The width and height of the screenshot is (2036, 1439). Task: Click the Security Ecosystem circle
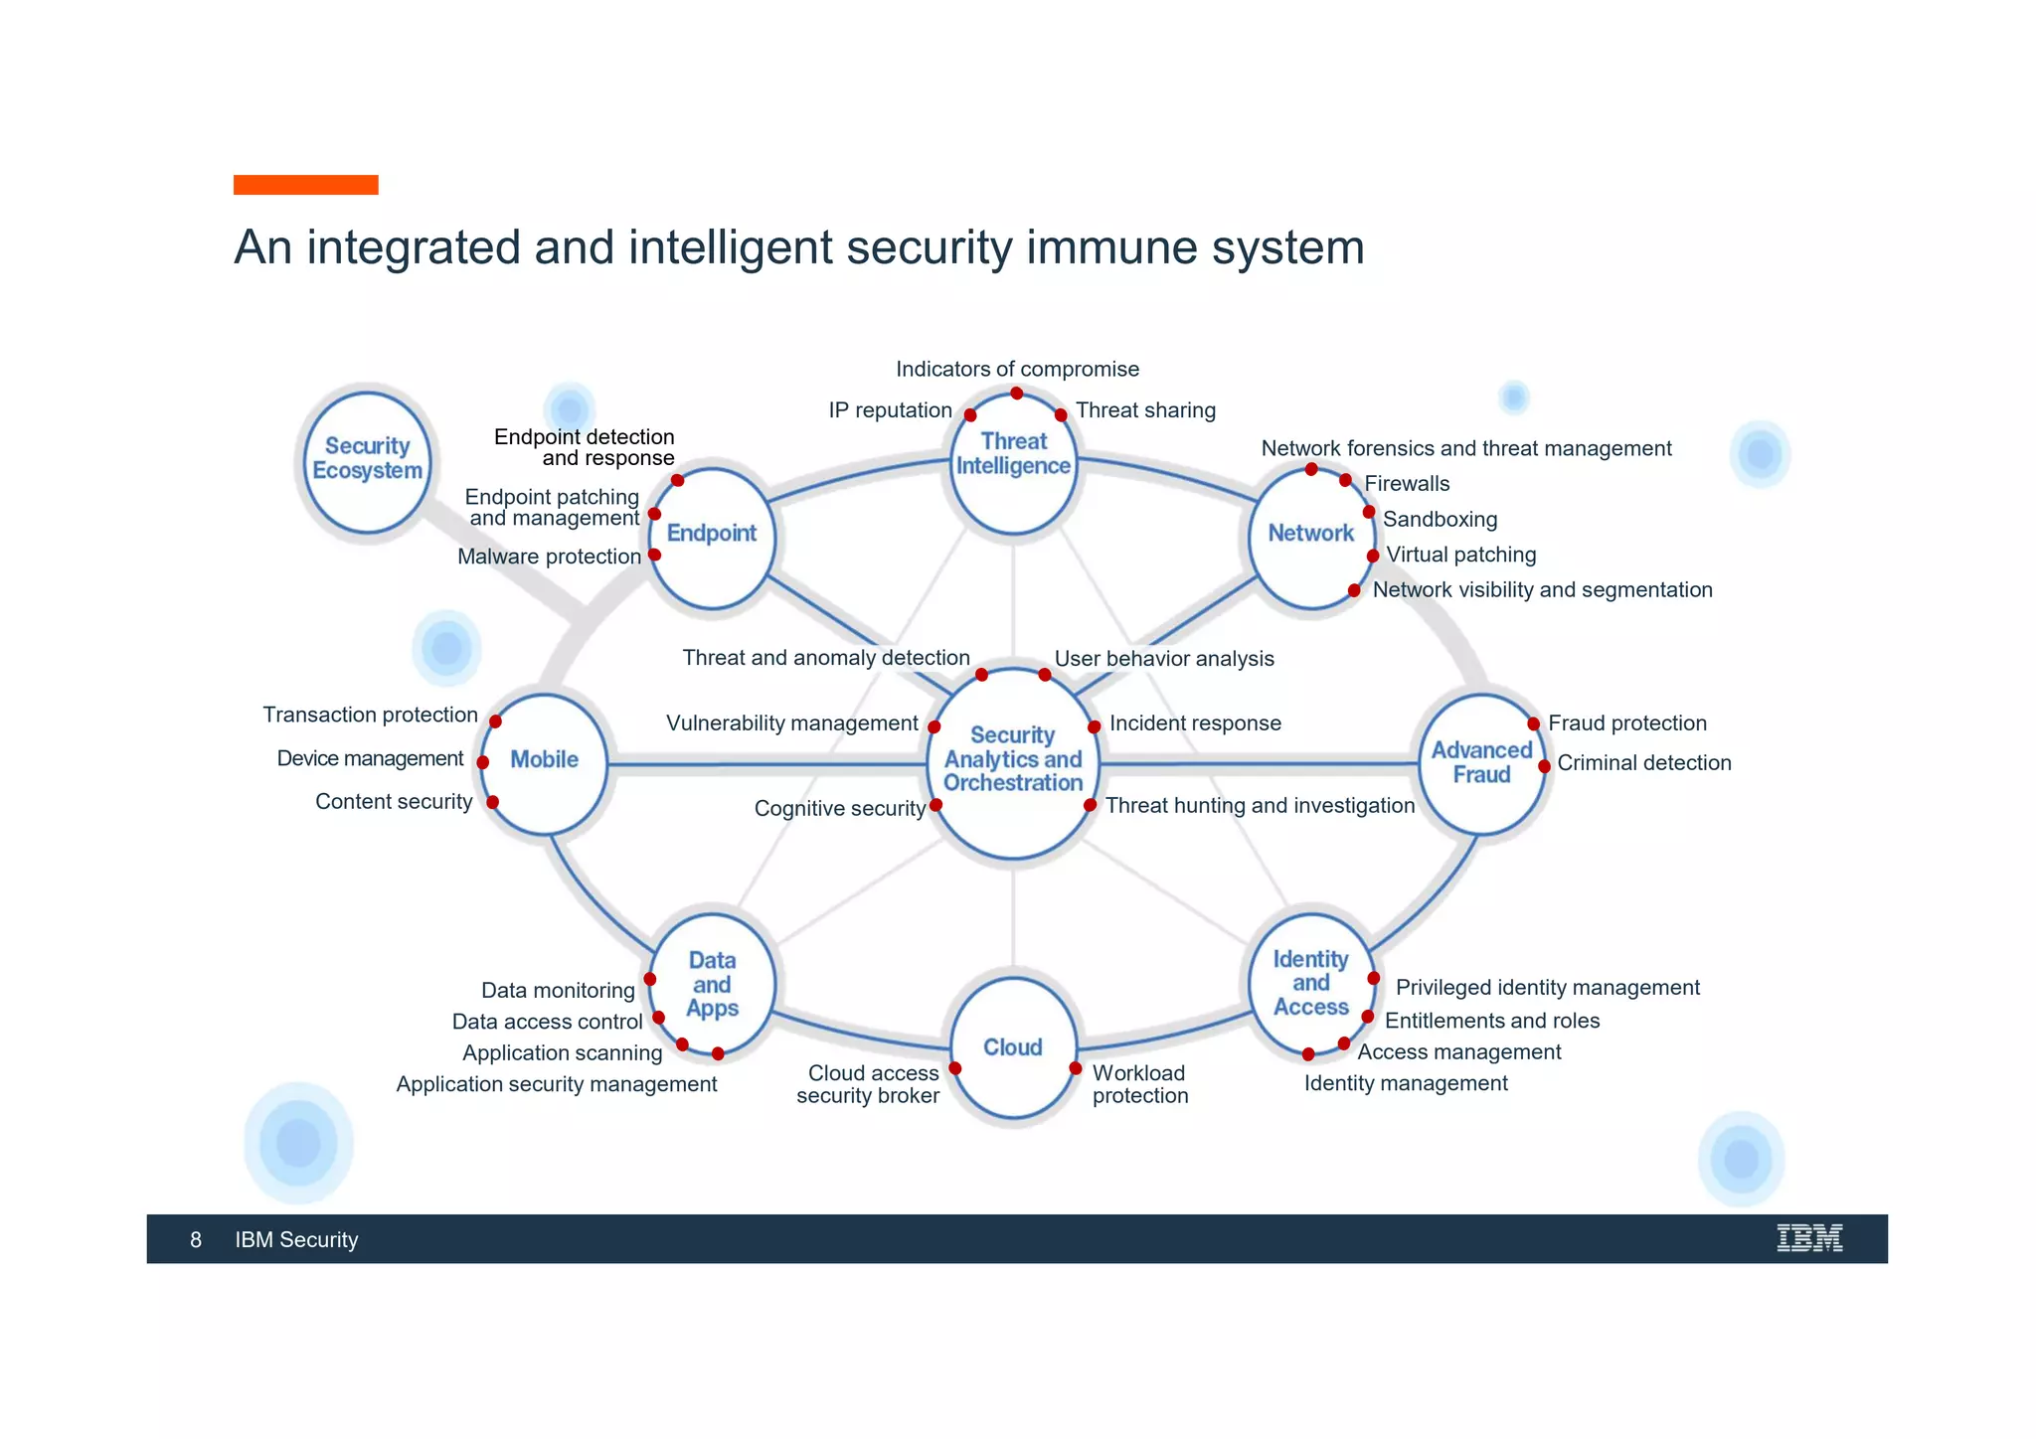click(x=367, y=460)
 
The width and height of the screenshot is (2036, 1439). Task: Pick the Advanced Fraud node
click(x=1481, y=762)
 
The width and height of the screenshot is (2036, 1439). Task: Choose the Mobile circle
click(x=544, y=760)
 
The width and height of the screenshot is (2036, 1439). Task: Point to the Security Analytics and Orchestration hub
click(x=1013, y=760)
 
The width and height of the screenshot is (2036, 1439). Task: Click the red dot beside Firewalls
click(x=1345, y=481)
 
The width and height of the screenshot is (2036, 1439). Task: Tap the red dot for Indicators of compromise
click(x=1017, y=394)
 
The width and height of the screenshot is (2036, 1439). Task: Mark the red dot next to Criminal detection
click(x=1544, y=766)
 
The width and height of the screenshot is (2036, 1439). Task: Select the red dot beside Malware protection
click(x=654, y=555)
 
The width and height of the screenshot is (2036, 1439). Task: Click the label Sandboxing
click(x=1440, y=519)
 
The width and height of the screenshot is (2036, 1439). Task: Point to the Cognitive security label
click(x=840, y=808)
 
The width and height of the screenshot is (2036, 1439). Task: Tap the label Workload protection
click(x=1139, y=1084)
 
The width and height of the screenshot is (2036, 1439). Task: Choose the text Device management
click(x=370, y=758)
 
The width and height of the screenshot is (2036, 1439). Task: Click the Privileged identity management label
click(x=1547, y=987)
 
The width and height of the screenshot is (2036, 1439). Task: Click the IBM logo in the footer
click(x=1809, y=1238)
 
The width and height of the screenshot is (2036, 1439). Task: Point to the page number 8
click(x=196, y=1239)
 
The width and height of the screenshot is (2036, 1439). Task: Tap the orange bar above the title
click(x=305, y=185)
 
